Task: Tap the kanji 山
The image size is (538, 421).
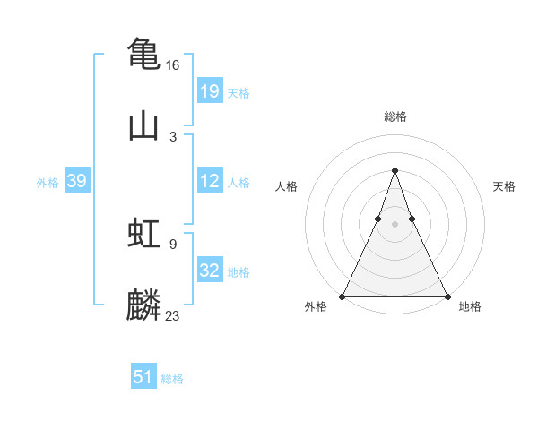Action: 143,126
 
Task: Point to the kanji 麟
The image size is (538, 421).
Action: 143,305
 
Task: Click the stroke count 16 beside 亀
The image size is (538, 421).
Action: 173,65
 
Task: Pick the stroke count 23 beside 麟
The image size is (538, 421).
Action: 173,315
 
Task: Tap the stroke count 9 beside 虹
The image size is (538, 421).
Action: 173,243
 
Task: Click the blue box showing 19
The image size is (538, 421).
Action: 210,91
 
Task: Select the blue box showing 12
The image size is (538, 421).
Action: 210,181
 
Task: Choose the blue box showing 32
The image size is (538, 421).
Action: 210,271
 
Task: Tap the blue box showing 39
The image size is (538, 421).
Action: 76,181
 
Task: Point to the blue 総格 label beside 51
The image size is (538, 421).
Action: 172,379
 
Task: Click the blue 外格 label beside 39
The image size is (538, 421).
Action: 48,183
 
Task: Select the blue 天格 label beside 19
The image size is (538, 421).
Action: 239,93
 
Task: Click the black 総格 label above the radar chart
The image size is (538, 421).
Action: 395,116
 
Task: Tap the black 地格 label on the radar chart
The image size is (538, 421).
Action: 470,306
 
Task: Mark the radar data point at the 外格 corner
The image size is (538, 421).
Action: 343,296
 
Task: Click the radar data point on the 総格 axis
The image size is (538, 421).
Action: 395,170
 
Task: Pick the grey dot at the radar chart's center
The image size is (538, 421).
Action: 395,224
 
